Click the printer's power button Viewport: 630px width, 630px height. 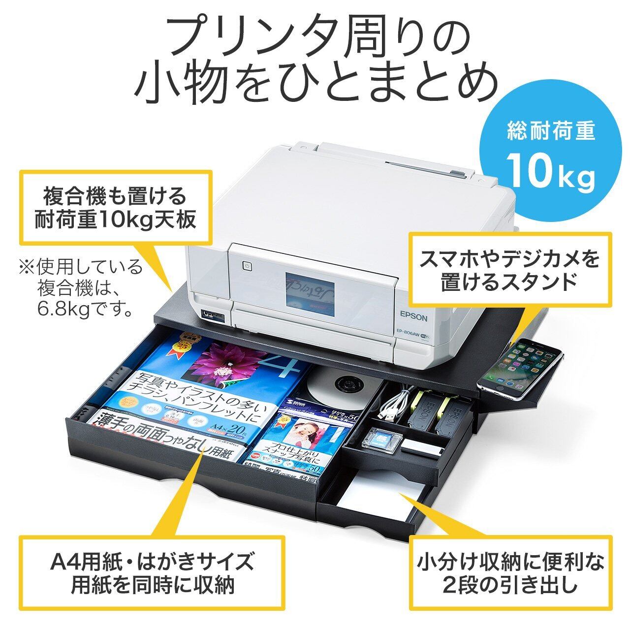(247, 267)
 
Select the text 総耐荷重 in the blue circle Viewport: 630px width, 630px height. (551, 131)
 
